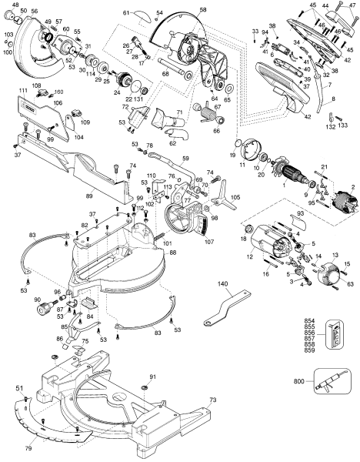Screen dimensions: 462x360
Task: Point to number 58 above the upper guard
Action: coord(203,10)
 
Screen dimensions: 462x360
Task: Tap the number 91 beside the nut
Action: coord(152,376)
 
